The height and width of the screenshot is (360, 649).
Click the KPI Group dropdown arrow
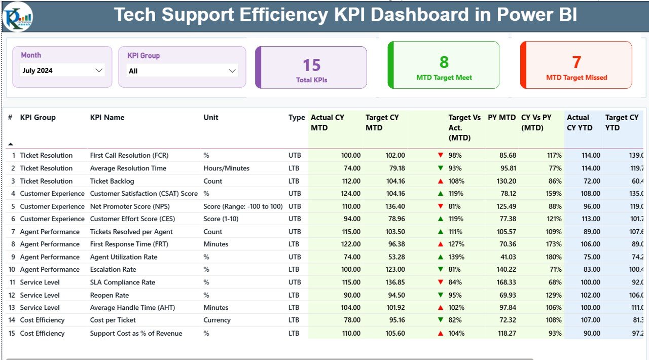click(232, 71)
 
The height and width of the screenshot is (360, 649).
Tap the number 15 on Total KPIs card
click(311, 65)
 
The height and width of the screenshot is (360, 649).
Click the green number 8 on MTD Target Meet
click(444, 62)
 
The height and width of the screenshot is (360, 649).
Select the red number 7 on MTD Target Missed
click(576, 62)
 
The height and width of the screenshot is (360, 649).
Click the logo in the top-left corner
click(18, 16)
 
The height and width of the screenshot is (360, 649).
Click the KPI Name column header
click(107, 118)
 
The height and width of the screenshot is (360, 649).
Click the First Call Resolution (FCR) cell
click(129, 156)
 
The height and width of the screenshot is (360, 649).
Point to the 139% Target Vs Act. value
click(456, 257)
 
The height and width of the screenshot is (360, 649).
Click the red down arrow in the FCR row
click(440, 155)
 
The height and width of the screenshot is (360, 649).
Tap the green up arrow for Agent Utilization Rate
click(440, 257)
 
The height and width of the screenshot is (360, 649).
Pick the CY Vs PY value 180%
click(554, 257)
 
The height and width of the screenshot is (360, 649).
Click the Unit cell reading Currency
click(217, 320)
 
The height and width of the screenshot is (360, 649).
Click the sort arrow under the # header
click(11, 144)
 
